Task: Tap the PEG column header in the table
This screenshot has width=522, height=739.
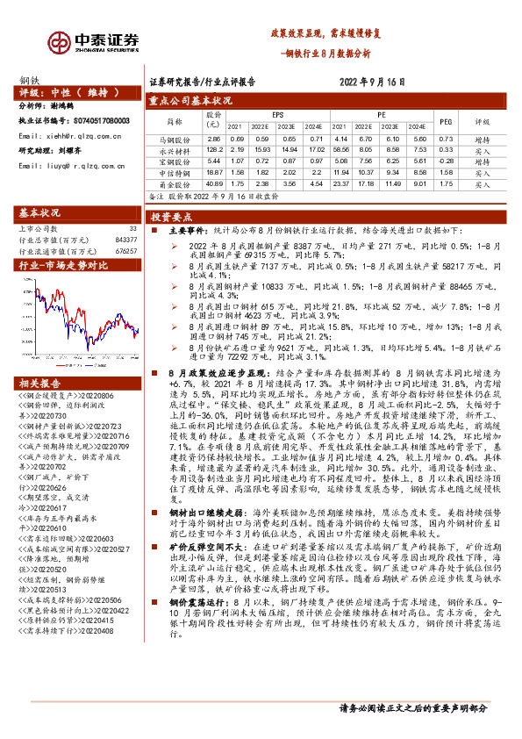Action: [x=445, y=122]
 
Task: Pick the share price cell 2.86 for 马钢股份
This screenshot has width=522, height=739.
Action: [x=212, y=139]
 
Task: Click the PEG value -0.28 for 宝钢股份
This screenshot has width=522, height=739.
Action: [x=445, y=161]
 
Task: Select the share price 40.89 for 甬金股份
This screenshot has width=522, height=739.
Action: [x=212, y=185]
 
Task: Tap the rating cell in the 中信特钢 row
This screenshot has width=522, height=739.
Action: [x=483, y=173]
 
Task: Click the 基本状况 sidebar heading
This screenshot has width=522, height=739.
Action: [x=41, y=213]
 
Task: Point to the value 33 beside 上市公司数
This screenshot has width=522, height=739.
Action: [x=132, y=228]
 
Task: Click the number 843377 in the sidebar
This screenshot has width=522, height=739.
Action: [x=125, y=240]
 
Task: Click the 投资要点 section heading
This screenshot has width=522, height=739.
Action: [x=166, y=215]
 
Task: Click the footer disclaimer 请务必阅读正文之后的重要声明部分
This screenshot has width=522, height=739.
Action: [x=412, y=708]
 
